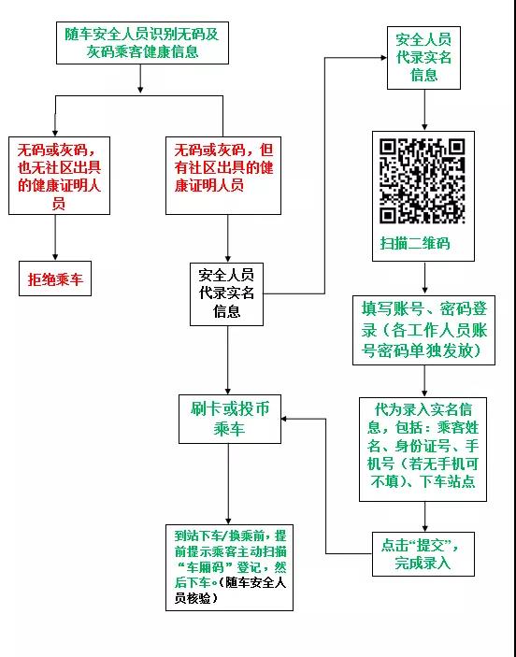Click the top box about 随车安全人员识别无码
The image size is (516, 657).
click(x=142, y=43)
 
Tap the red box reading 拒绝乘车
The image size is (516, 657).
click(x=55, y=279)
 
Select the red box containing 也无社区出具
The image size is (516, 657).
click(x=59, y=176)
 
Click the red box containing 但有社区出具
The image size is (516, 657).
click(x=223, y=176)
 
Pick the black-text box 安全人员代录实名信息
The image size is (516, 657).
click(x=226, y=294)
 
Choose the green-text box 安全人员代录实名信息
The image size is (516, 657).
click(x=423, y=58)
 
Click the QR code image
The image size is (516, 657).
click(x=423, y=181)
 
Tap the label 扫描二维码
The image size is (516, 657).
click(x=415, y=243)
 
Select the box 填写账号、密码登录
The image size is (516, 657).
click(x=423, y=330)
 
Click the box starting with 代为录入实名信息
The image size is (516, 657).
click(x=423, y=450)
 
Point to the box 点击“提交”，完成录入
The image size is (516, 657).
click(x=423, y=554)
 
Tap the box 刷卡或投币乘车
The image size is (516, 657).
click(x=230, y=419)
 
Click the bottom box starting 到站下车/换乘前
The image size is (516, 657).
click(x=229, y=567)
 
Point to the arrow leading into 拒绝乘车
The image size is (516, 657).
click(x=55, y=237)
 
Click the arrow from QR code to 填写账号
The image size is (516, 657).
click(x=424, y=278)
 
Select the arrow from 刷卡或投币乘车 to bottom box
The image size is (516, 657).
click(x=228, y=484)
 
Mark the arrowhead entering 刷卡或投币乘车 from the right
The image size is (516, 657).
click(x=284, y=419)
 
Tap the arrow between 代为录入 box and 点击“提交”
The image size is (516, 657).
click(x=425, y=517)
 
